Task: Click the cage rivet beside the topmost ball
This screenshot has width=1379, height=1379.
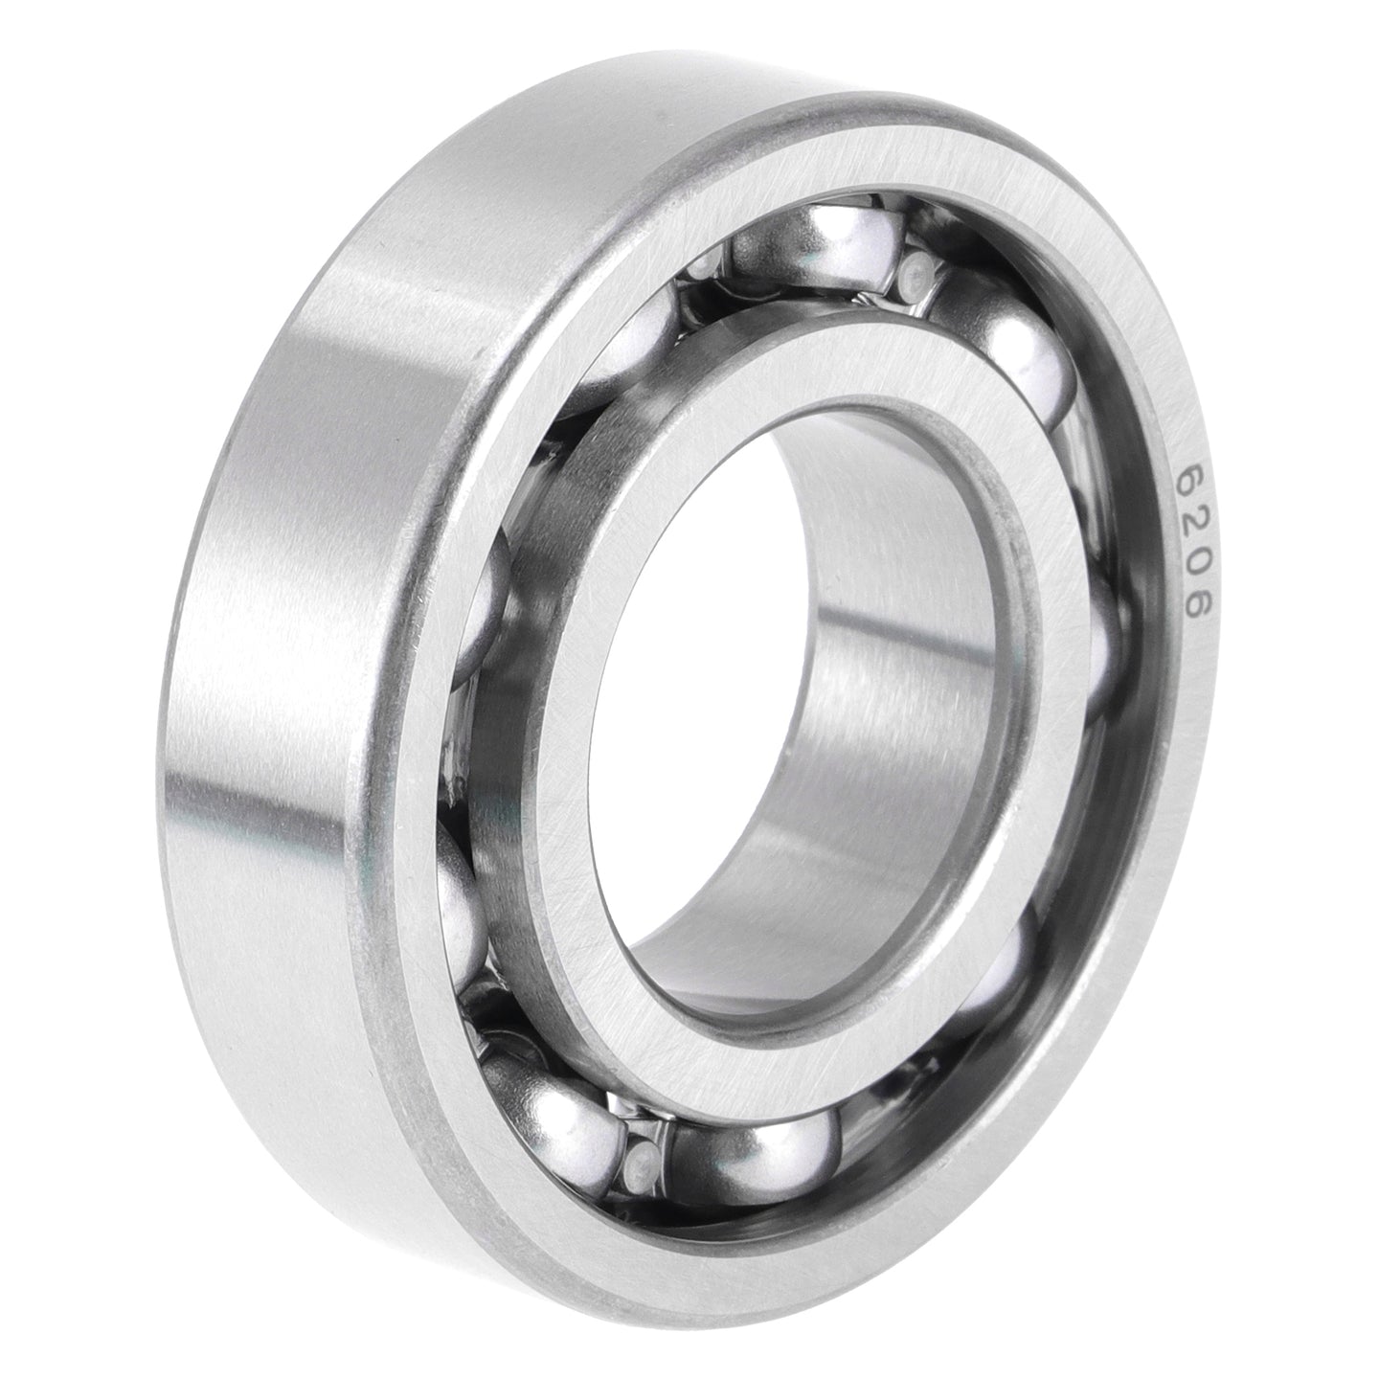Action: [916, 271]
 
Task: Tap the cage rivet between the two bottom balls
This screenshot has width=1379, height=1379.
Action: [639, 1166]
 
